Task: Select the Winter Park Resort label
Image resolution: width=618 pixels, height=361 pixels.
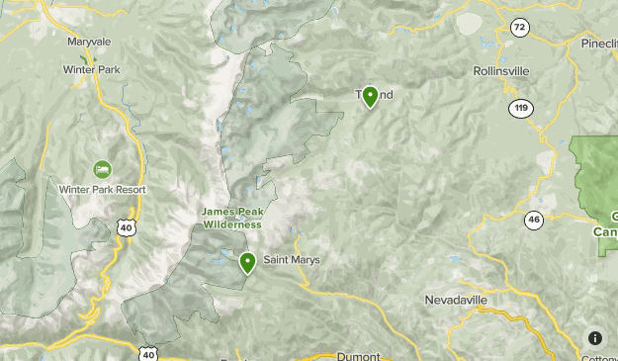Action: [102, 189]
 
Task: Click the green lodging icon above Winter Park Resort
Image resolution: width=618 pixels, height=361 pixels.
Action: [102, 170]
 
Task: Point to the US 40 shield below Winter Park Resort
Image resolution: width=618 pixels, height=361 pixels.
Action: [126, 227]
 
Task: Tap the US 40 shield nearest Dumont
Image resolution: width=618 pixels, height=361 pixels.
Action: [147, 353]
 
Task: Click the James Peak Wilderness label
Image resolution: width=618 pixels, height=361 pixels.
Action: [232, 218]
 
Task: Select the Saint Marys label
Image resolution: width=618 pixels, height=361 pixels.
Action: [291, 260]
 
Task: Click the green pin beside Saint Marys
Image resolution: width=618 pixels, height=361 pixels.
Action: [247, 262]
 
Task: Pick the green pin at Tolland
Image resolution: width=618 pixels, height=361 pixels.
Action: [370, 96]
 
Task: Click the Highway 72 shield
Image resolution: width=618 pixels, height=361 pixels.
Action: [519, 28]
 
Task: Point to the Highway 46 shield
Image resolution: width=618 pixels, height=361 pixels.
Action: [534, 220]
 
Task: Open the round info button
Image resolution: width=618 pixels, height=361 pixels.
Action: [594, 338]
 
